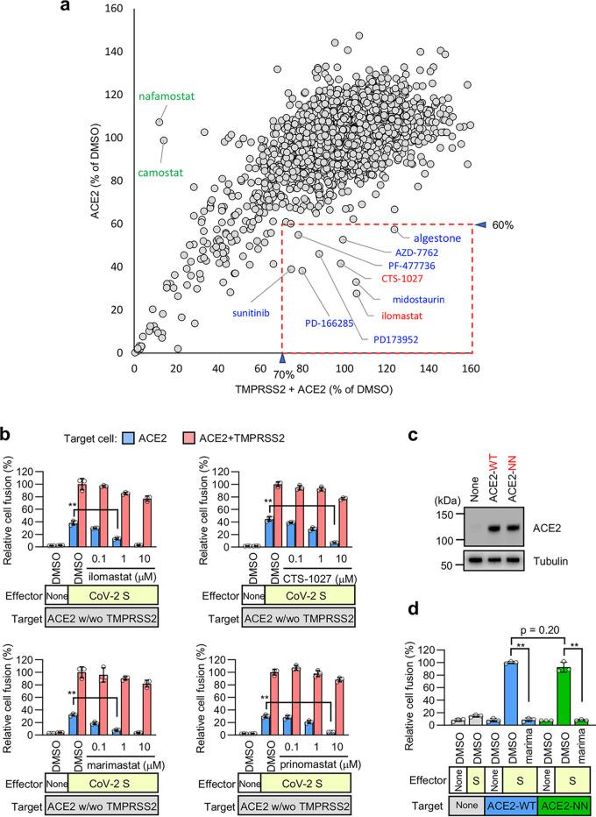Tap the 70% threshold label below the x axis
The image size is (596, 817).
[x=282, y=375]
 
